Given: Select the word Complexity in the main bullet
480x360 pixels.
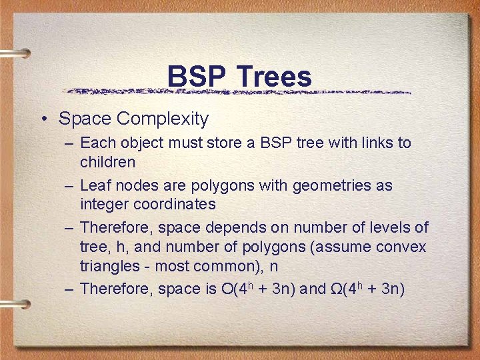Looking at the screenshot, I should (162, 119).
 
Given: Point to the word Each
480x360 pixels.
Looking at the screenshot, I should (97, 143).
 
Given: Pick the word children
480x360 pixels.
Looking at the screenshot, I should (107, 162).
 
